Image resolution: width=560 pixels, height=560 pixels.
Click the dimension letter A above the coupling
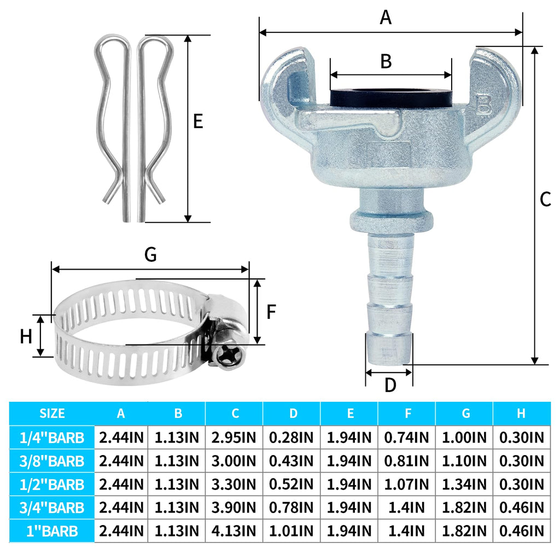386,17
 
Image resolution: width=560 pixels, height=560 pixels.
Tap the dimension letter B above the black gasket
386,61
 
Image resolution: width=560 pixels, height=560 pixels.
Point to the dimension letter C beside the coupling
545,199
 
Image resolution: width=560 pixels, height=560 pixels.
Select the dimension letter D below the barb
390,386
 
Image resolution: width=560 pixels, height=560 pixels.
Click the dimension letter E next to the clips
198,121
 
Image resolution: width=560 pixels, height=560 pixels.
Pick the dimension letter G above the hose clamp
151,255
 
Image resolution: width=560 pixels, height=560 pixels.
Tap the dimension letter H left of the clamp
26,336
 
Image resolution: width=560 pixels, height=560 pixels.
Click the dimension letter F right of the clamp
271,312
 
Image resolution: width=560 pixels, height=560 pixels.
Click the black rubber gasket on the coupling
391,98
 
